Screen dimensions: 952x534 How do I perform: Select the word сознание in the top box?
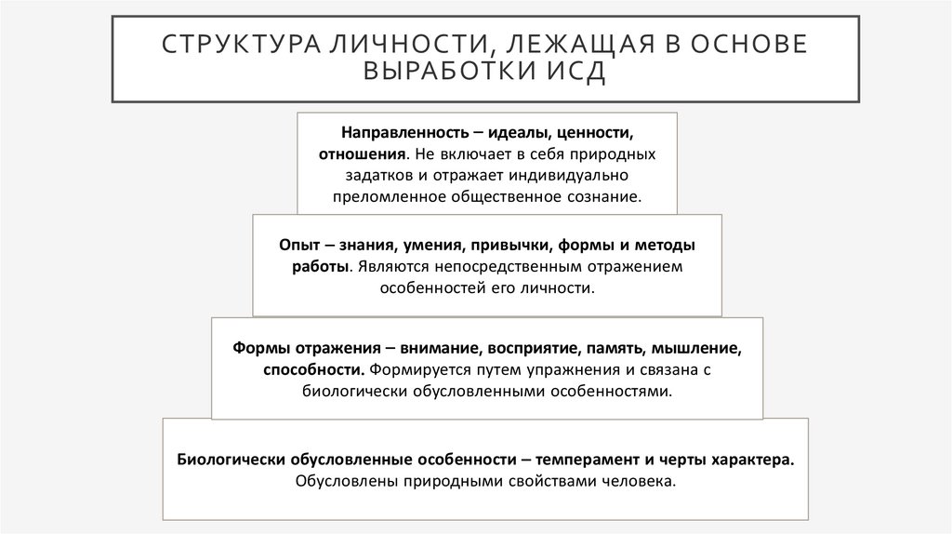(x=608, y=197)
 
